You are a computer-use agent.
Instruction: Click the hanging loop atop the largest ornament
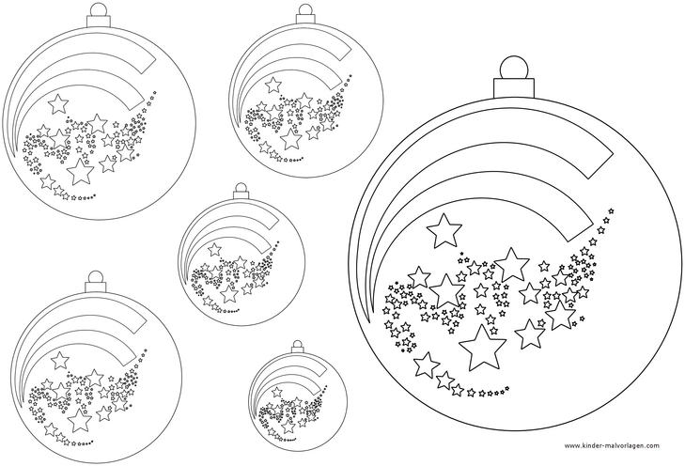tap(512, 67)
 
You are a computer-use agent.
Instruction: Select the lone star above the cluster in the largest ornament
tap(444, 226)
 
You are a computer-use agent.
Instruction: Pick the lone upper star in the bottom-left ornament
tap(61, 360)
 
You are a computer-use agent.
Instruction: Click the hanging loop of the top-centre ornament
tap(306, 11)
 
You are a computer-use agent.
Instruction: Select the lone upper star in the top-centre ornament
tap(274, 85)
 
